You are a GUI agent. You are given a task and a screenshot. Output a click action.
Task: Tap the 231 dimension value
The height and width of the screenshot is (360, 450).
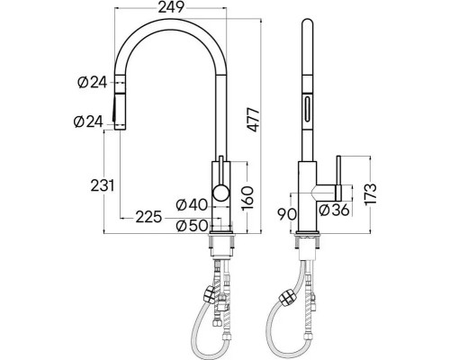pyautogui.click(x=102, y=185)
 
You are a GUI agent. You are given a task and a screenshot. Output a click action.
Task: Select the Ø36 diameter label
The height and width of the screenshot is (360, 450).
pyautogui.click(x=334, y=210)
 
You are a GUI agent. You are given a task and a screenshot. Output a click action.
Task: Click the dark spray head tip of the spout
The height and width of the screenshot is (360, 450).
pyautogui.click(x=115, y=115)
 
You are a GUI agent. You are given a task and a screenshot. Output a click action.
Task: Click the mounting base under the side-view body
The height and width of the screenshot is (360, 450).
pyautogui.click(x=309, y=238)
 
